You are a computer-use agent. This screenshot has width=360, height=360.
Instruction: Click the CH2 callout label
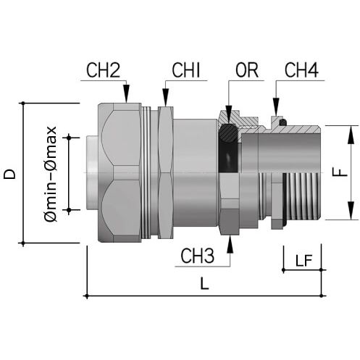(103, 70)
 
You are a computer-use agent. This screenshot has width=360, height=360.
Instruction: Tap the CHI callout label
(186, 70)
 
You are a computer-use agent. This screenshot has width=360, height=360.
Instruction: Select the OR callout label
(247, 70)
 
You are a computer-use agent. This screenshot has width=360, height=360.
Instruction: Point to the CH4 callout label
(301, 70)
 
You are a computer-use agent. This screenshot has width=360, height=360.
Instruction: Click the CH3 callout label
(198, 256)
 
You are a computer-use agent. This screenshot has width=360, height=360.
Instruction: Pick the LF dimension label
(304, 261)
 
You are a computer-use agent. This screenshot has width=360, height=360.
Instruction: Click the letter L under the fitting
(204, 283)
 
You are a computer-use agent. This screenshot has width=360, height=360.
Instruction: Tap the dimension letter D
(9, 174)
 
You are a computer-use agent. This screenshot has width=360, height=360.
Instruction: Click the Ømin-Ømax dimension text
(51, 174)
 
